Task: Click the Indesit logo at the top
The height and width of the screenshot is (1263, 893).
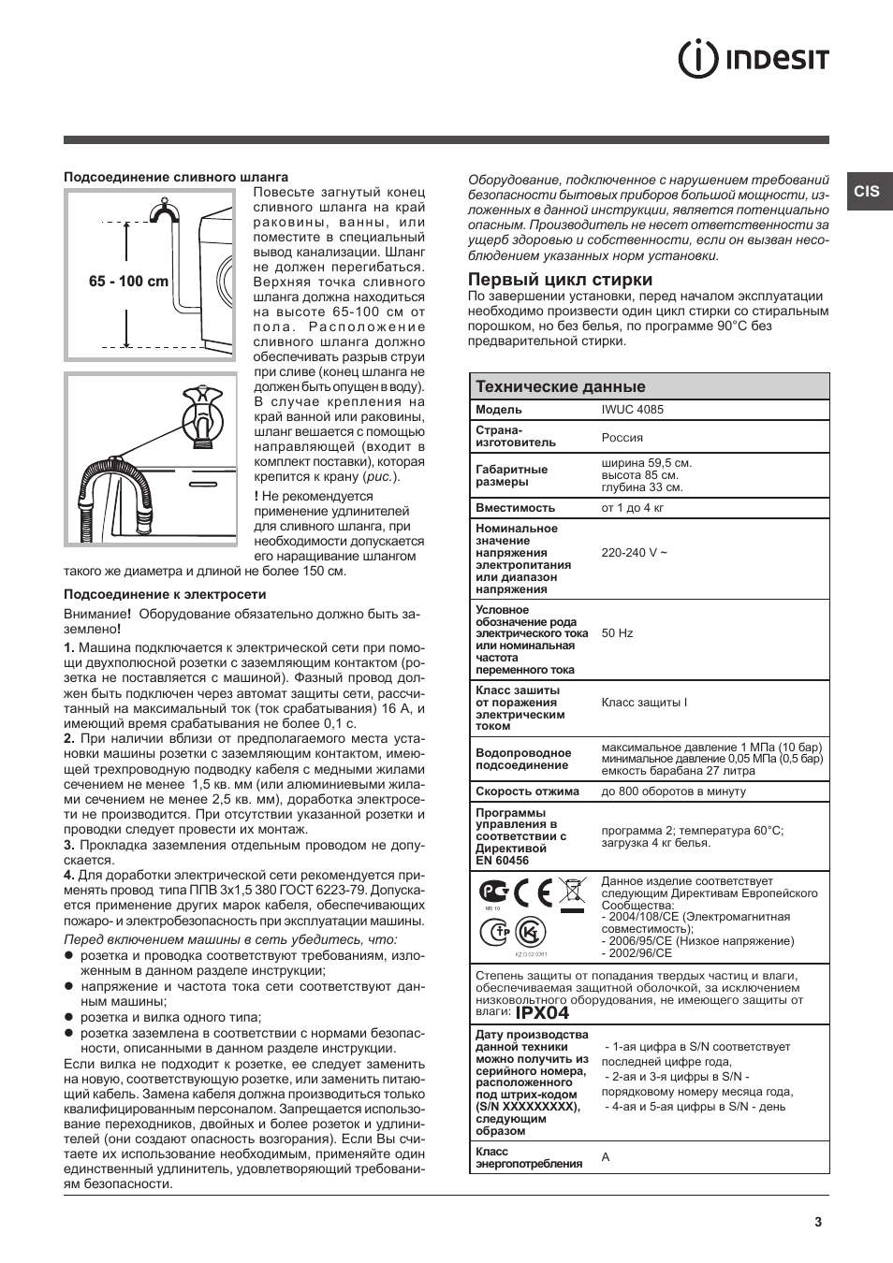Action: [x=754, y=60]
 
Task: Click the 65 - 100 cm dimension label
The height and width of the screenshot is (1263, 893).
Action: [x=129, y=282]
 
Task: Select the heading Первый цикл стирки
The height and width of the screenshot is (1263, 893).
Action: [x=560, y=280]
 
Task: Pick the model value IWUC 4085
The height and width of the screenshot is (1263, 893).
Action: [x=632, y=410]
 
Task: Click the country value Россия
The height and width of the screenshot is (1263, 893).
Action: [x=622, y=437]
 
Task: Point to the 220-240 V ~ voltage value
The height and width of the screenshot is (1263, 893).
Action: [x=634, y=553]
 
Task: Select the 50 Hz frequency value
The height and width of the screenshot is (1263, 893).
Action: [x=617, y=633]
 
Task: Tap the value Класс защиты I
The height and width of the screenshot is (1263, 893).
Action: [x=643, y=703]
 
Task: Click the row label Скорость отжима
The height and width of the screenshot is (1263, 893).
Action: [x=527, y=791]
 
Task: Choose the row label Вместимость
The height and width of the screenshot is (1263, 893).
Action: [x=515, y=508]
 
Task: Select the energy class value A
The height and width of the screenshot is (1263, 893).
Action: [x=606, y=1157]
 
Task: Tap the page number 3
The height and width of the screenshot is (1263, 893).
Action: [x=817, y=1221]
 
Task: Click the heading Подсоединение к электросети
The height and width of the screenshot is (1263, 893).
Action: [x=165, y=594]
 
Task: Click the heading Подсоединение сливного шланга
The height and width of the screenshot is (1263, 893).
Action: [x=176, y=177]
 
